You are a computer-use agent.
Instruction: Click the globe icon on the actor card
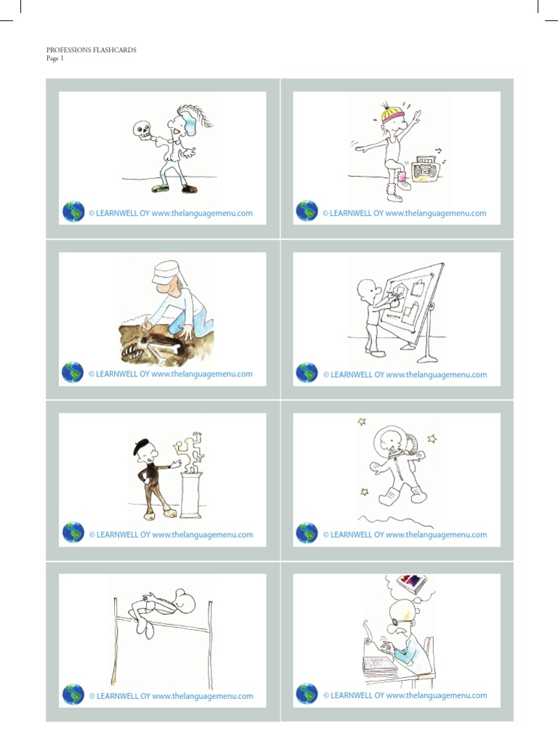click(x=73, y=212)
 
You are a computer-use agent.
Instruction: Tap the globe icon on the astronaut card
click(x=307, y=533)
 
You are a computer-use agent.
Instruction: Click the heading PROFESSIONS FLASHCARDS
click(x=92, y=50)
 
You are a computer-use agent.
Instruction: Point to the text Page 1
click(x=55, y=59)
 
